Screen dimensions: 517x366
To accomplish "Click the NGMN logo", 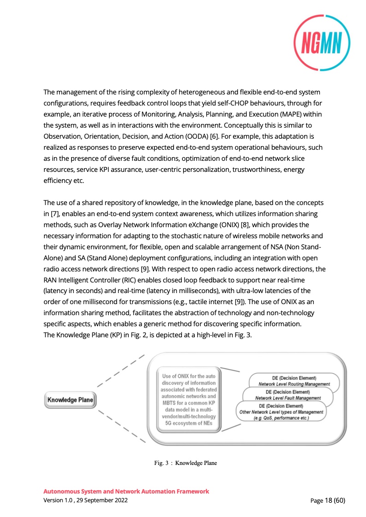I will click(x=322, y=44).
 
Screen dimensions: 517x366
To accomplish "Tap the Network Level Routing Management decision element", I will click(x=294, y=381).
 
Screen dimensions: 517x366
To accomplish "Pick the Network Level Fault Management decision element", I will click(x=288, y=395).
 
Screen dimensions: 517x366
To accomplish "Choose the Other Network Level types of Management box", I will click(x=281, y=411).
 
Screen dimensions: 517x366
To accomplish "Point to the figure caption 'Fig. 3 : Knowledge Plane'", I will click(x=186, y=463).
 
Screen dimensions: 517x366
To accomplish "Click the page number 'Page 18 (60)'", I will click(x=328, y=500).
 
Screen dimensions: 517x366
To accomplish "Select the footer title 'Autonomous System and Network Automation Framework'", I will click(x=126, y=492).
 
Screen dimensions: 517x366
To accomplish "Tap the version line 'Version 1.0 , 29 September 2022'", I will click(x=86, y=500).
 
